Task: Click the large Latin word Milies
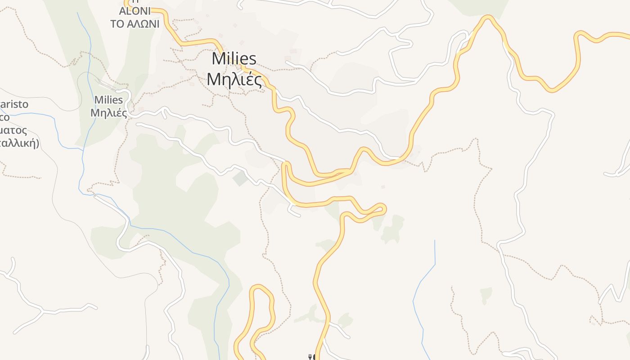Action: click(x=234, y=58)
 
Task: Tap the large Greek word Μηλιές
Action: click(x=234, y=80)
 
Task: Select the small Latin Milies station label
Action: click(x=108, y=99)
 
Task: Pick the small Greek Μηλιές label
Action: click(x=108, y=112)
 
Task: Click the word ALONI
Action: click(x=135, y=11)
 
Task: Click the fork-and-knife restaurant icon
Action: click(x=310, y=357)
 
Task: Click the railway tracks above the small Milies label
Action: click(x=104, y=83)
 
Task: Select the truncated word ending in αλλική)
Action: click(x=20, y=144)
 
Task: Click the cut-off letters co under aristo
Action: click(x=4, y=117)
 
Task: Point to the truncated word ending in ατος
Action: click(x=13, y=130)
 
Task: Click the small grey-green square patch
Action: click(x=240, y=179)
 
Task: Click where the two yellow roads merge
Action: click(x=346, y=171)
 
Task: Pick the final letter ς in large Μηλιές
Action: click(x=258, y=81)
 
